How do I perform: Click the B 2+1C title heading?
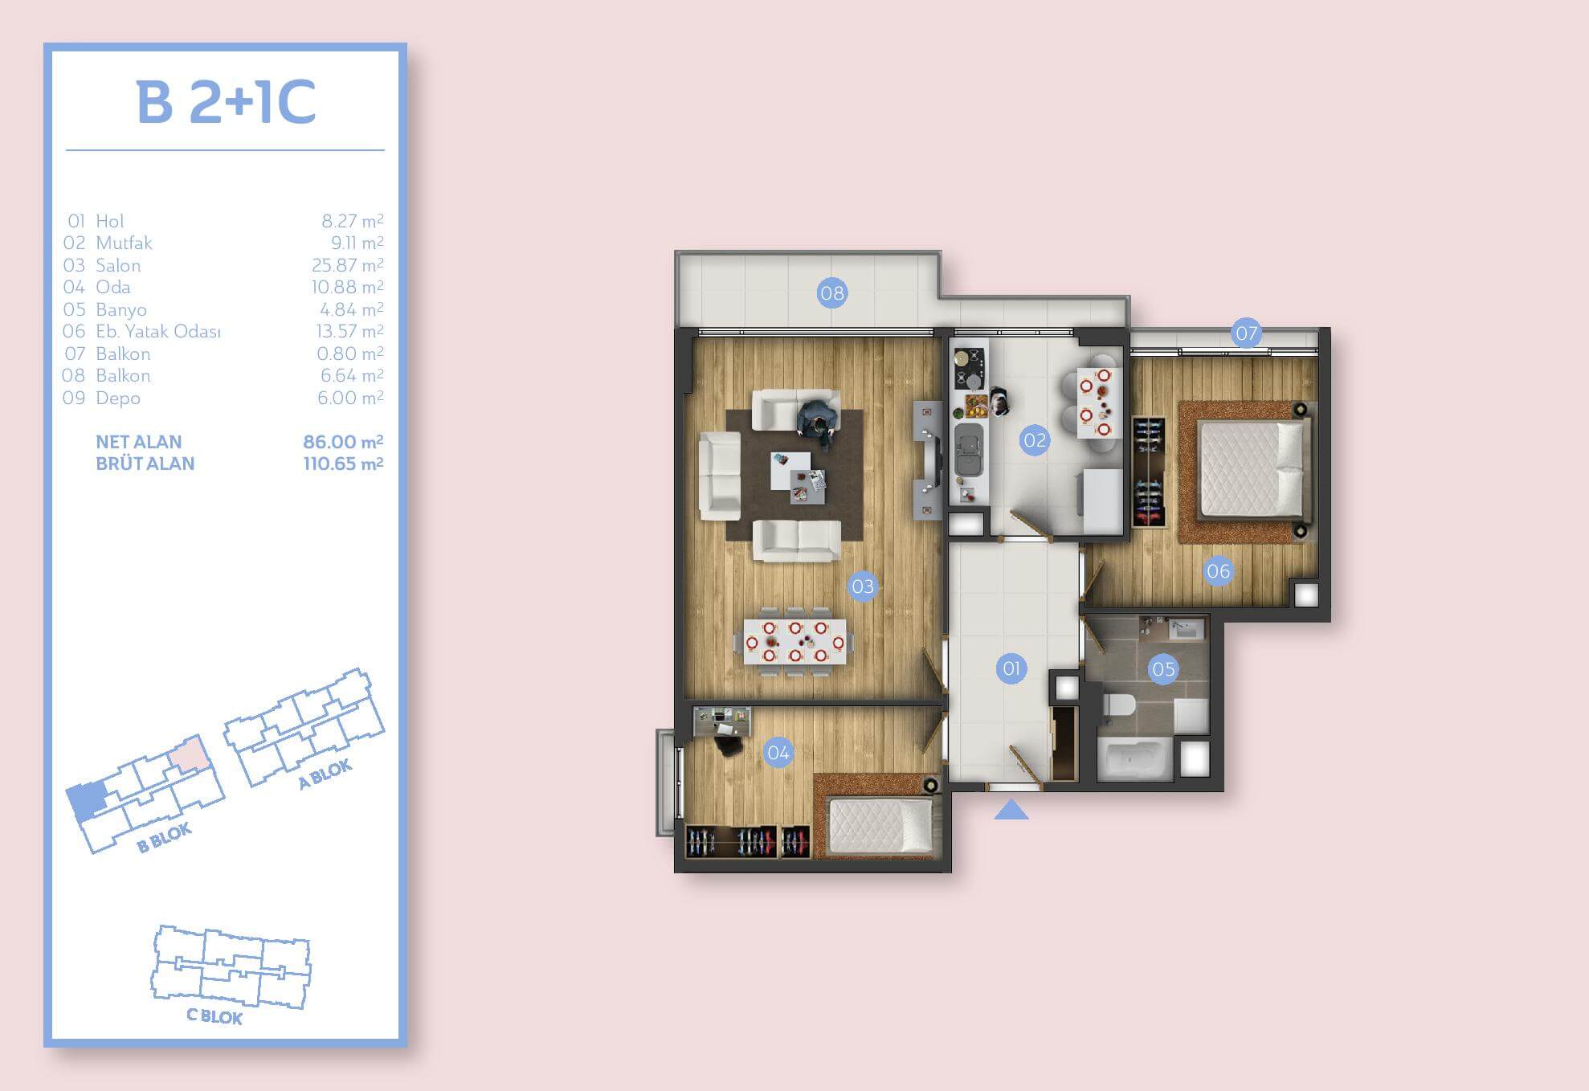point(226,102)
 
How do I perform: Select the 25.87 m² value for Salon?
point(347,265)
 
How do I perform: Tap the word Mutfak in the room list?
point(124,243)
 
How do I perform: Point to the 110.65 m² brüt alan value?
point(343,464)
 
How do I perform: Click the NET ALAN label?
point(138,442)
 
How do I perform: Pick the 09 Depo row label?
point(101,398)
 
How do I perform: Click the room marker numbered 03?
point(863,586)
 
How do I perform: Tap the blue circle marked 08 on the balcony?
point(831,292)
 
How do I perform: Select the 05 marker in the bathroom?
point(1163,668)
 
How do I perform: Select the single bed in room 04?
point(880,826)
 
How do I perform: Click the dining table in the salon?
point(794,642)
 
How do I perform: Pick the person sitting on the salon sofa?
point(818,421)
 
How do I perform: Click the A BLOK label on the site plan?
point(325,774)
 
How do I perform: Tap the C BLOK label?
point(214,1016)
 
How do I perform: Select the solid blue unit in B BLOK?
point(86,800)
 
